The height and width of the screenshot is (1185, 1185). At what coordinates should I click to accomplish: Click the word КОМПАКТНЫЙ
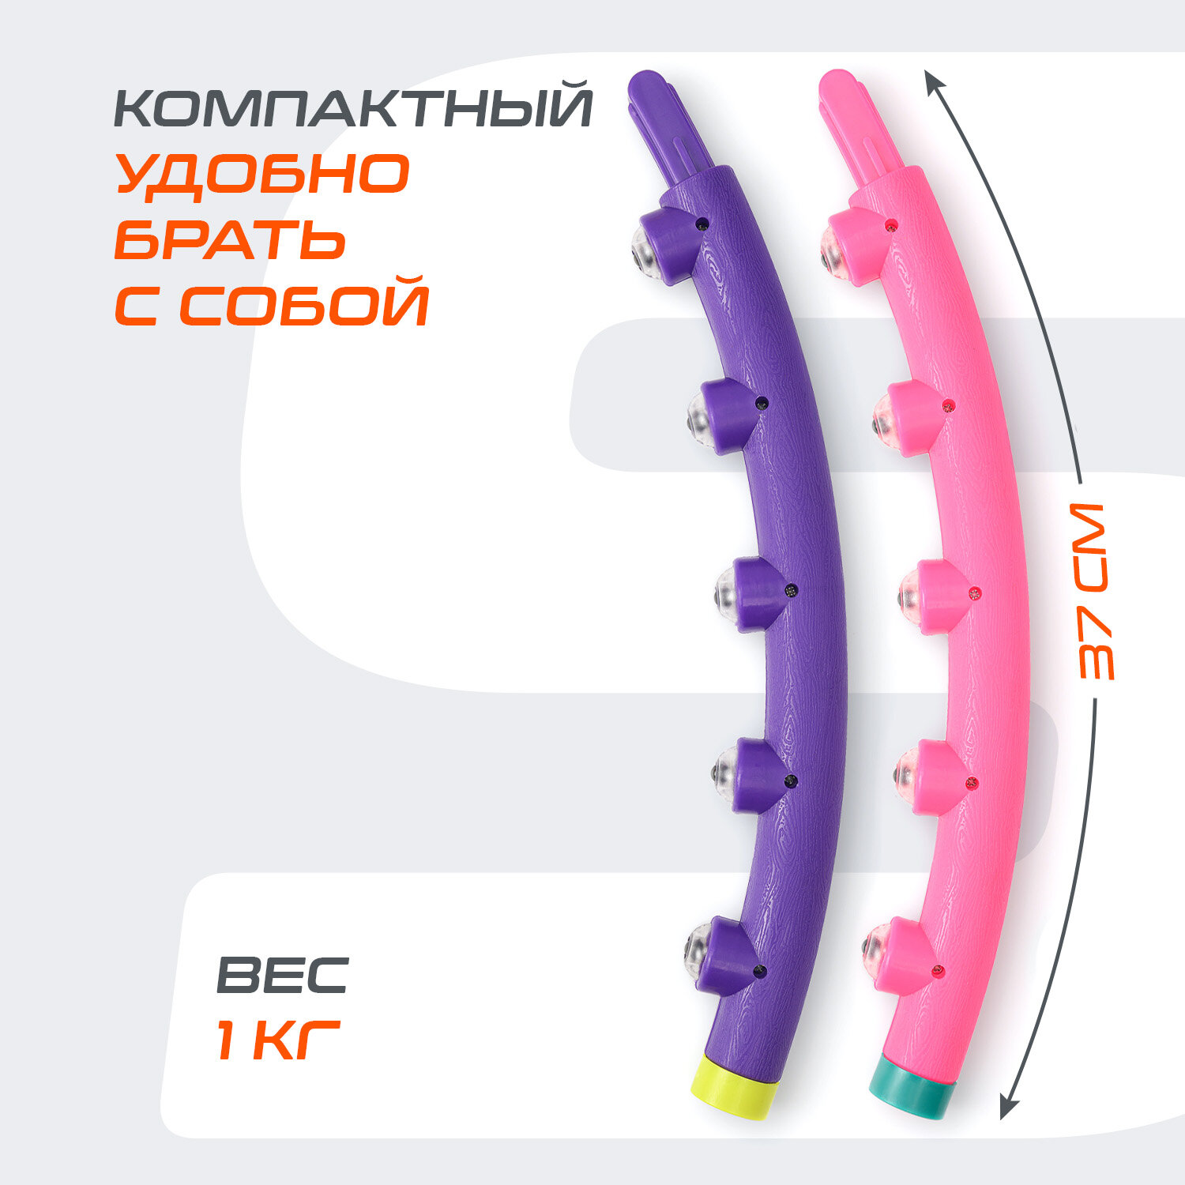coord(353,108)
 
